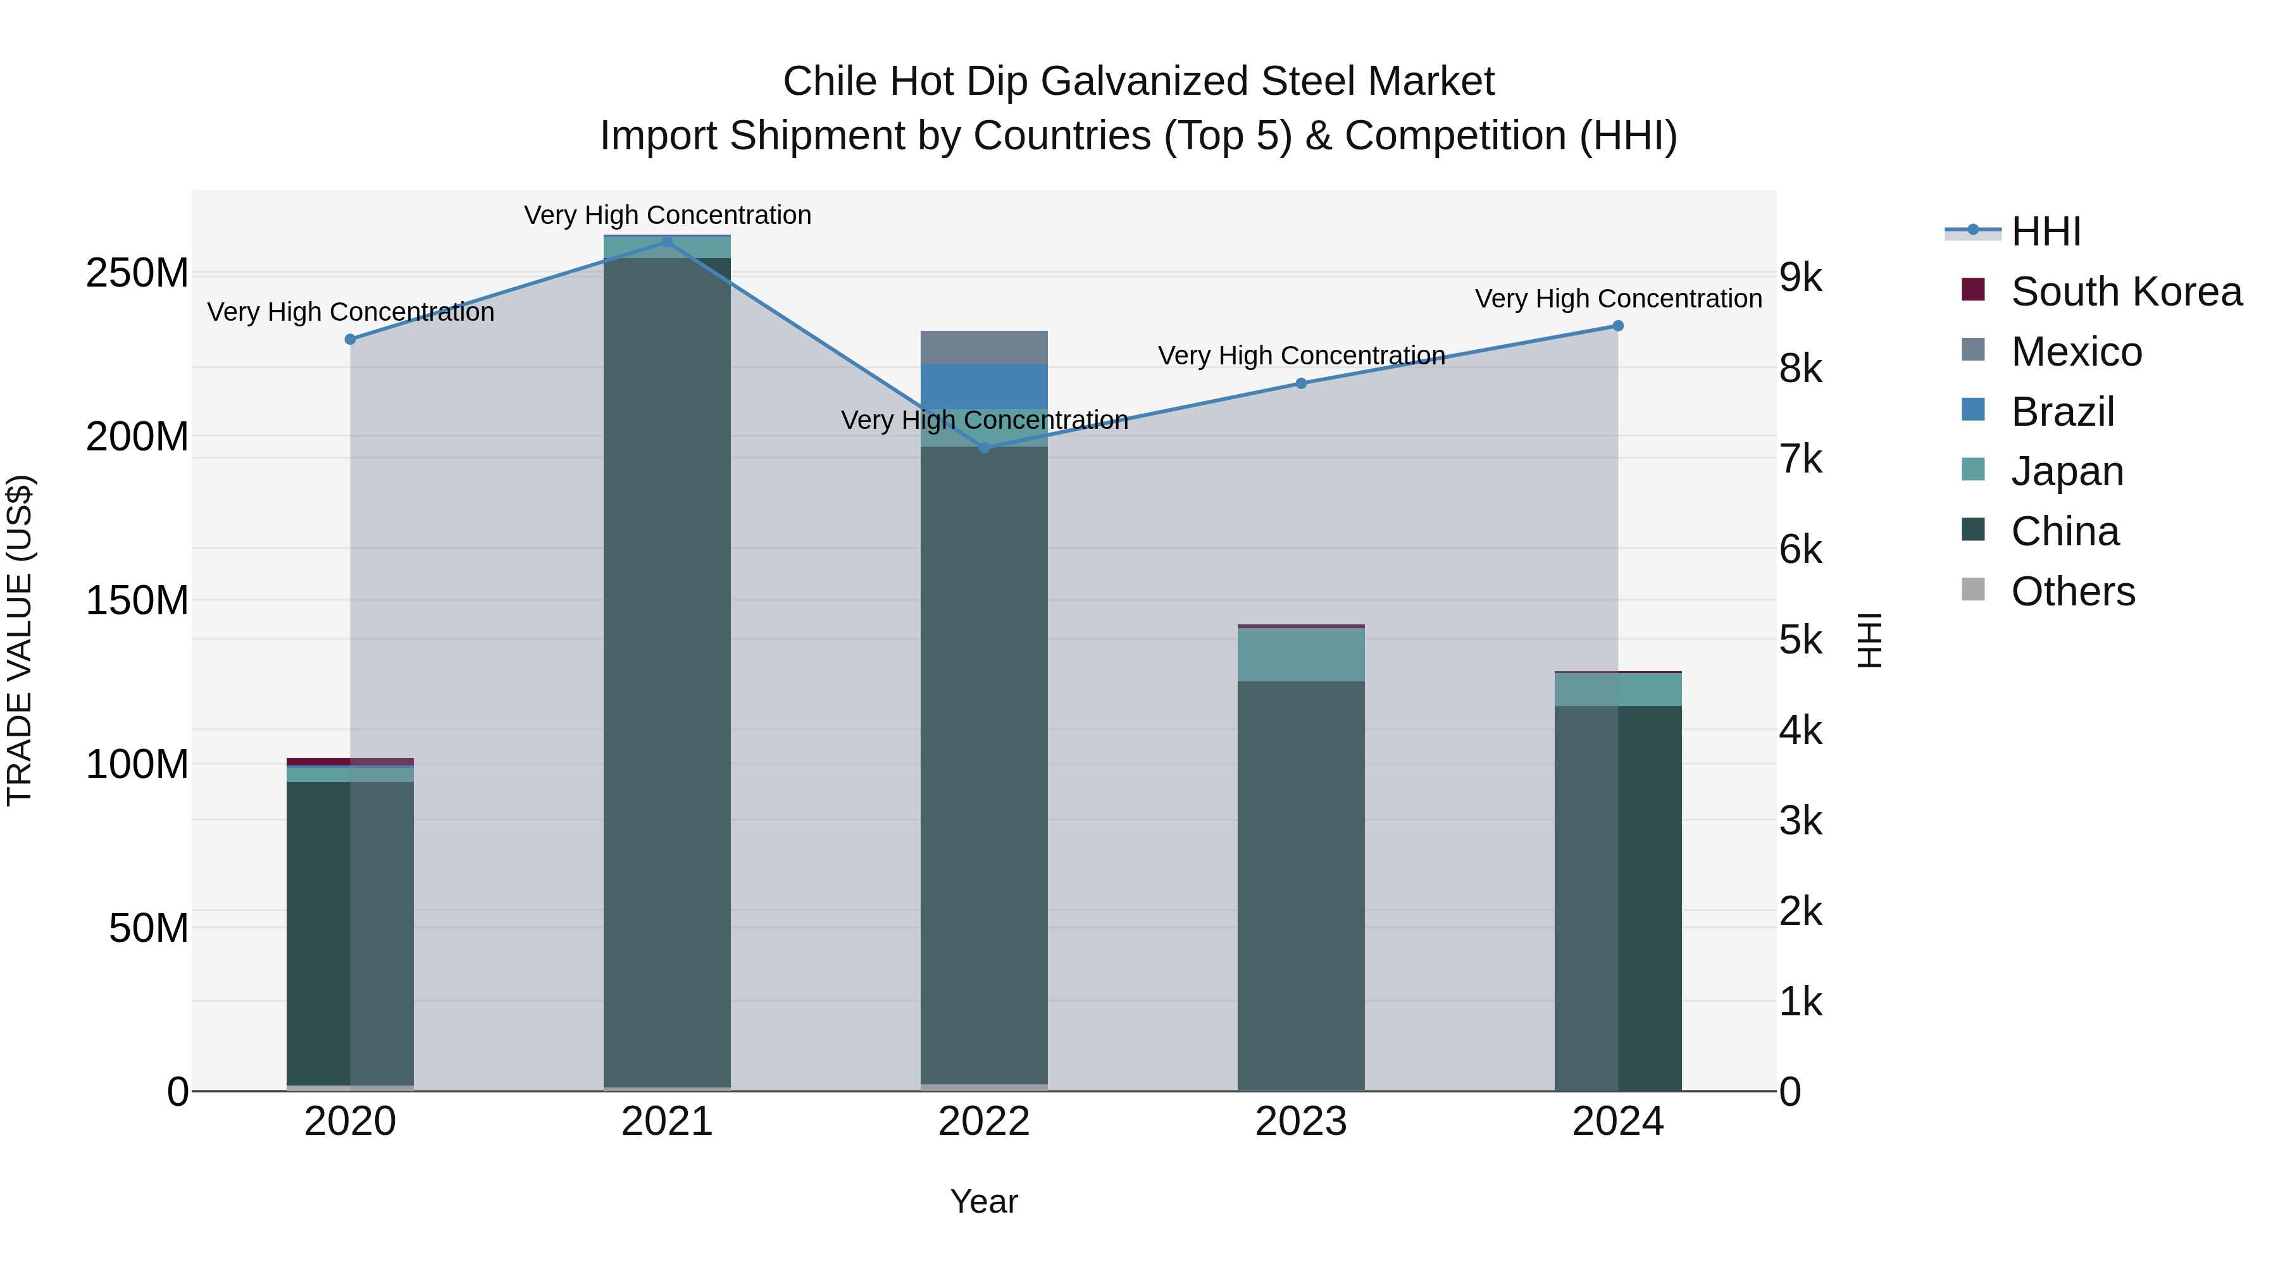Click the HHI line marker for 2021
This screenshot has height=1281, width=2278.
pyautogui.click(x=667, y=242)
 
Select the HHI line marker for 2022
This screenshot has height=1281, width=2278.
pyautogui.click(x=984, y=449)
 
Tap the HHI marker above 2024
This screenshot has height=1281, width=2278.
pyautogui.click(x=1617, y=326)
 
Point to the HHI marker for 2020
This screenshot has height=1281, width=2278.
pyautogui.click(x=350, y=340)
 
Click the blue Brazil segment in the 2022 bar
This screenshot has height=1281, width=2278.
pyautogui.click(x=983, y=387)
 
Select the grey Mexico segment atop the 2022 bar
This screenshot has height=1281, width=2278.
pyautogui.click(x=983, y=347)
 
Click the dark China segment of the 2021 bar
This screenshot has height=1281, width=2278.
pyautogui.click(x=667, y=672)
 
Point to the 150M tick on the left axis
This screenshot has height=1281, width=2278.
pyautogui.click(x=137, y=601)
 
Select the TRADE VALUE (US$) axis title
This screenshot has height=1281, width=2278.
pyautogui.click(x=20, y=640)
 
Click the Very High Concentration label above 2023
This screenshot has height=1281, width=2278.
pyautogui.click(x=1301, y=356)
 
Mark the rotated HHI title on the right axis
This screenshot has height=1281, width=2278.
pyautogui.click(x=1869, y=640)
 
